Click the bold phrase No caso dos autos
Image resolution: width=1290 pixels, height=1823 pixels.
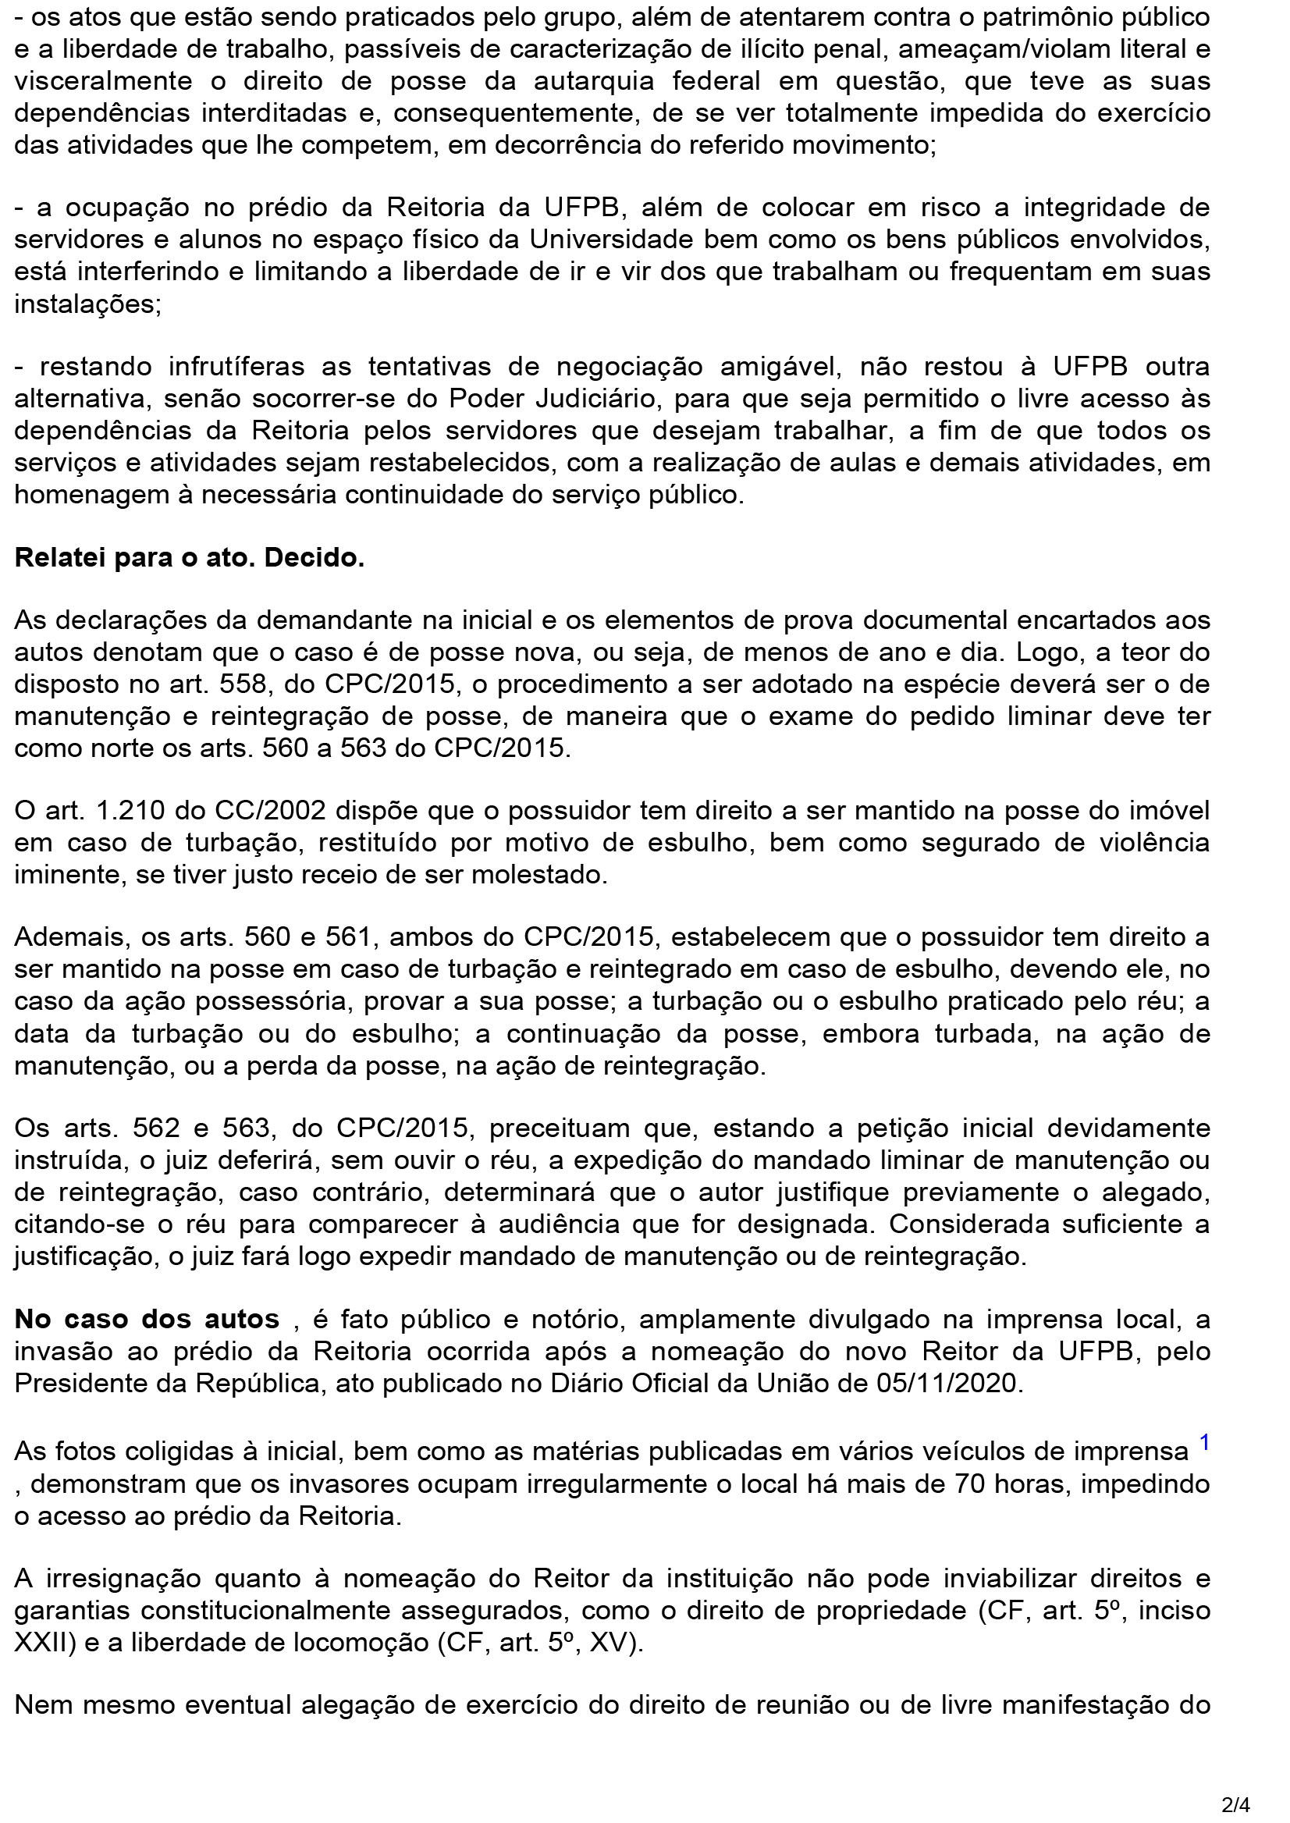147,1320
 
